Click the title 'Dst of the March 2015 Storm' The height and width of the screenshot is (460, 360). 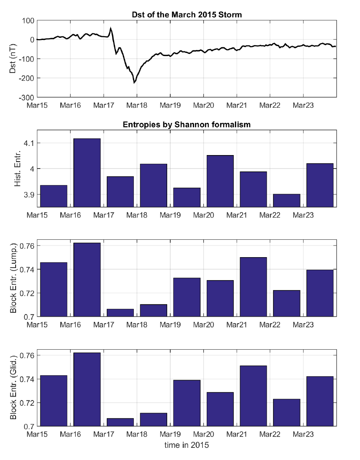(x=187, y=15)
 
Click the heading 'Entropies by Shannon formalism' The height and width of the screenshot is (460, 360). (x=187, y=125)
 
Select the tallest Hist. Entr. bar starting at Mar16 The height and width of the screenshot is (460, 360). (x=87, y=172)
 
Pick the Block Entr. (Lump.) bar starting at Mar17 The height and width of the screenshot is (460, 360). (x=120, y=313)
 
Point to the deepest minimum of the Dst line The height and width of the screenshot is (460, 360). (x=134, y=82)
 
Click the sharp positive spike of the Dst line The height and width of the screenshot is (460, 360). (x=111, y=29)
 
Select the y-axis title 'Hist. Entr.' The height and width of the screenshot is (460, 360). (x=17, y=168)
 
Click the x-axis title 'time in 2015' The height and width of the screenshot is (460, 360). (x=187, y=445)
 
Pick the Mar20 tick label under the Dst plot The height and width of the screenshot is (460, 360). (x=203, y=106)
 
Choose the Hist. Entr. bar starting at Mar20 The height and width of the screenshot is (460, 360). (x=220, y=181)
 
